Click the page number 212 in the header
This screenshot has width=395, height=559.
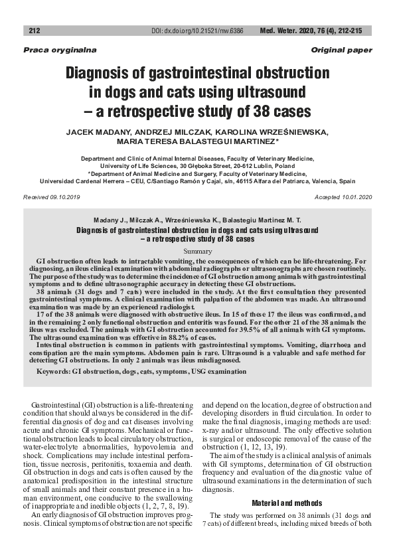(35, 31)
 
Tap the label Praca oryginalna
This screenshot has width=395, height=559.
(50, 50)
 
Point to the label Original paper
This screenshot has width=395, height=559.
(341, 50)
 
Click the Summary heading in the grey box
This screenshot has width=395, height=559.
(197, 252)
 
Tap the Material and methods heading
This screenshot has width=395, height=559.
(287, 503)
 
